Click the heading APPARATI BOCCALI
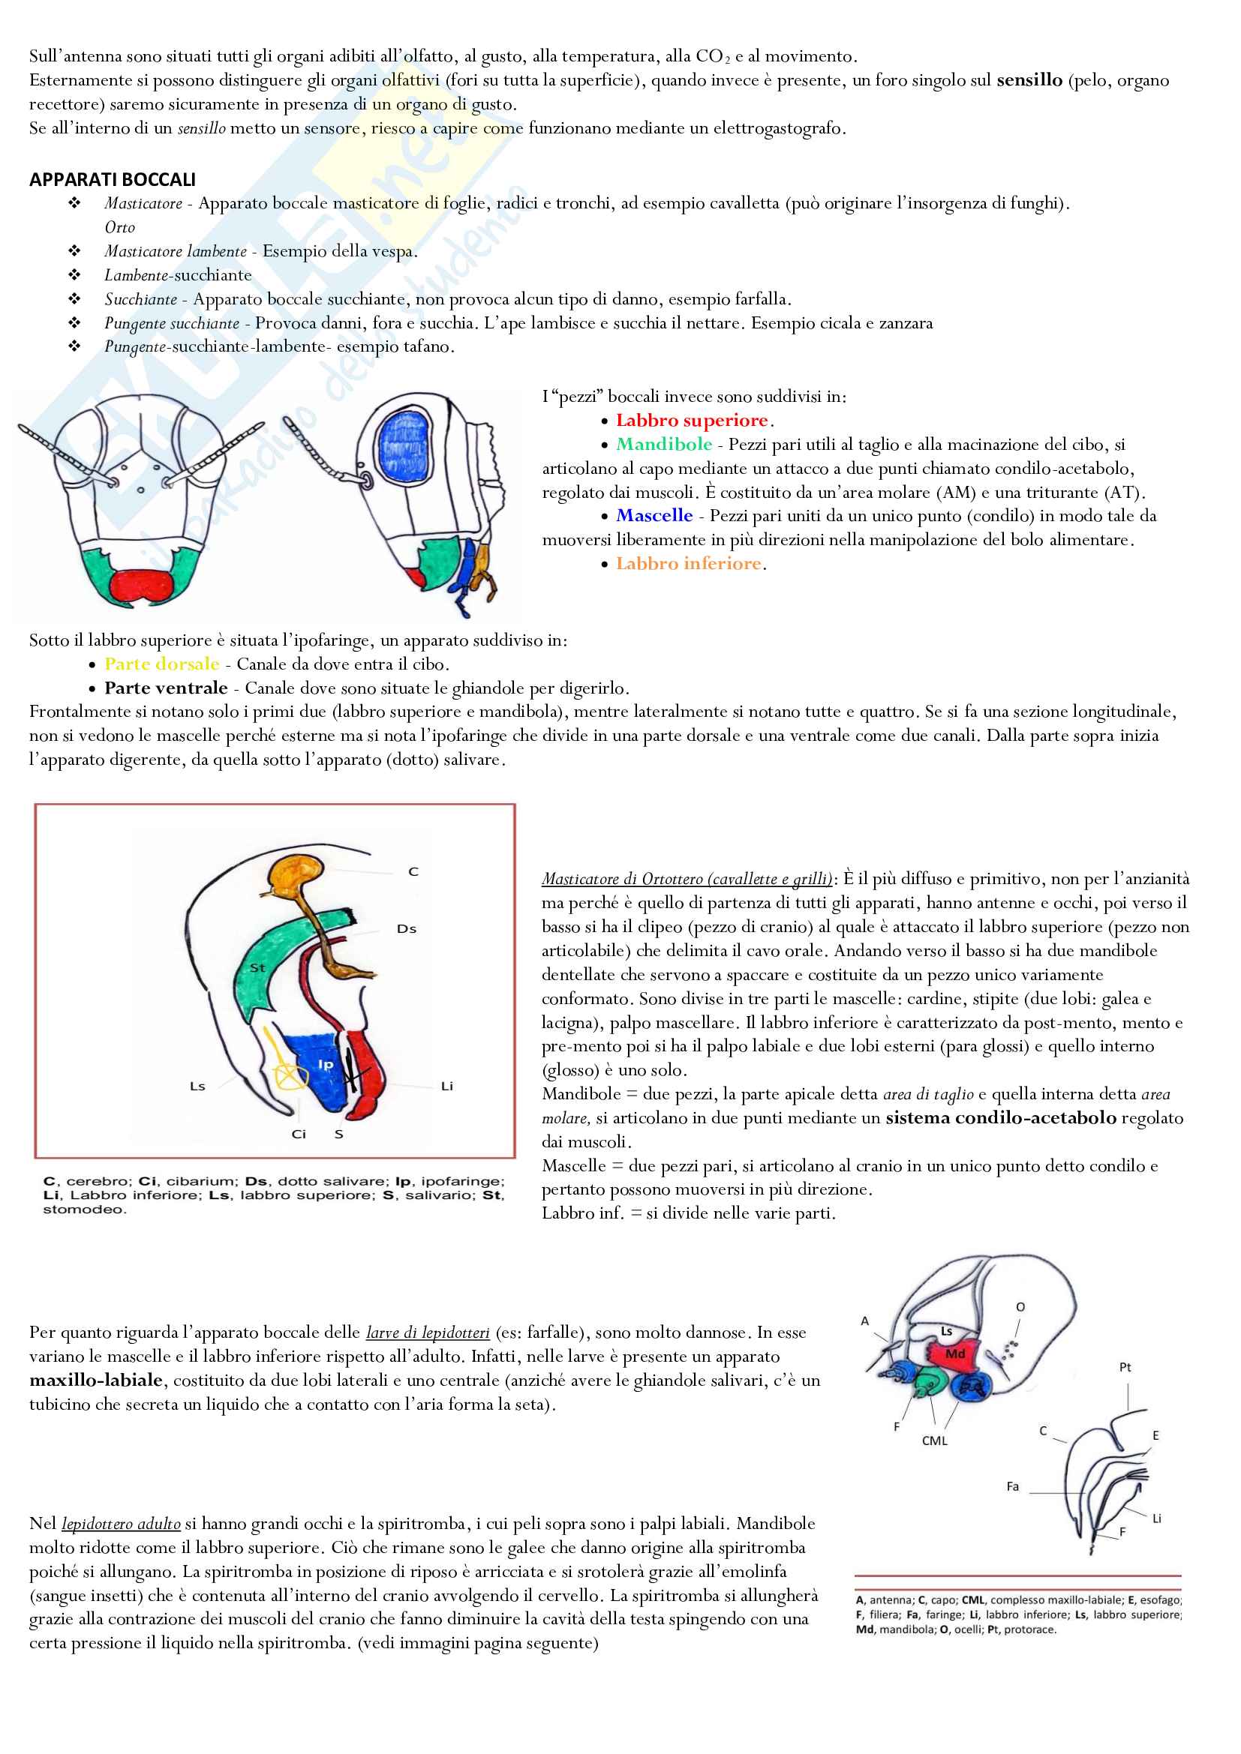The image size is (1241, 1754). [113, 179]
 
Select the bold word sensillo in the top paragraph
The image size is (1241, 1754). [1029, 80]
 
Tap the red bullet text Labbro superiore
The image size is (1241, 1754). [692, 421]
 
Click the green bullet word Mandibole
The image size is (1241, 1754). [663, 445]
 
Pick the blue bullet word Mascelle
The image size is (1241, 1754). [654, 516]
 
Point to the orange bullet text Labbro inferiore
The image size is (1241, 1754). [689, 564]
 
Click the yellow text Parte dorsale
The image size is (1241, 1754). [162, 664]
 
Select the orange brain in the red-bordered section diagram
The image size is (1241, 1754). [297, 874]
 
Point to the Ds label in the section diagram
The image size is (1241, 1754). [407, 929]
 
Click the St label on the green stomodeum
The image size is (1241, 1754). [257, 968]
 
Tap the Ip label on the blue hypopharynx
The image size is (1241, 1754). [326, 1064]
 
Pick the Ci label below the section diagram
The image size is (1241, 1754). [299, 1135]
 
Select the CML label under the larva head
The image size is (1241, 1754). [935, 1441]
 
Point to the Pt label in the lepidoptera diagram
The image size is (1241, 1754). [1125, 1367]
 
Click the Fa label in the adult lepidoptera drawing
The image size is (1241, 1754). [1012, 1486]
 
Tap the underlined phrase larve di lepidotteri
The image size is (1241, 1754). [428, 1333]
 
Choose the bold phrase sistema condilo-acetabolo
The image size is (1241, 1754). [1001, 1118]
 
